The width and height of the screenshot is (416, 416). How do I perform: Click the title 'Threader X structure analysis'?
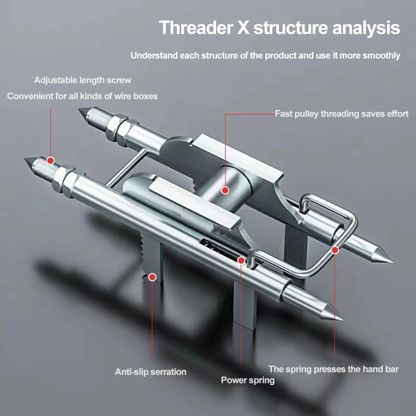(279, 28)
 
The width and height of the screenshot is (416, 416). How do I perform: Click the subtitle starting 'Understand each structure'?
(265, 56)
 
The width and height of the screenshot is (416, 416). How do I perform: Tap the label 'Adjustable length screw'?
(83, 80)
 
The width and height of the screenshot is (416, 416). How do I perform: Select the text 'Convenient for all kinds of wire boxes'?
(82, 96)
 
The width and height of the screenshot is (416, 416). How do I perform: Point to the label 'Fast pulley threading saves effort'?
(342, 113)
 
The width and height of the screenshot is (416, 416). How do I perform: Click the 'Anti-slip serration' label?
(150, 372)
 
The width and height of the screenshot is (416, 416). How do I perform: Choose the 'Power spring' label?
(248, 380)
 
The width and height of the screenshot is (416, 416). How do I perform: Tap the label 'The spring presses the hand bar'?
(333, 369)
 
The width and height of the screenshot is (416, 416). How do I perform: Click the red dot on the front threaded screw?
(51, 160)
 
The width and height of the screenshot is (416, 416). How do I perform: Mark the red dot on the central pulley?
(225, 190)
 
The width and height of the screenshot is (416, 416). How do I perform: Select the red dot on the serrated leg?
(153, 276)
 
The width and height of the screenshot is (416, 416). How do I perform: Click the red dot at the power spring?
(241, 260)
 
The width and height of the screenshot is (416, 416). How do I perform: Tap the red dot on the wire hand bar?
(335, 250)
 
